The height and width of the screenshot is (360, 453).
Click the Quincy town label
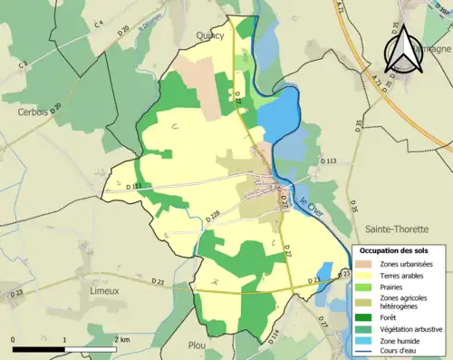[x=209, y=35]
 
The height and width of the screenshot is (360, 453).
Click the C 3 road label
[x=22, y=63]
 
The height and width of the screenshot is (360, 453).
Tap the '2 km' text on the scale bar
[x=122, y=339]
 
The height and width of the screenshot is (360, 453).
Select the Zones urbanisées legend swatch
[x=365, y=263]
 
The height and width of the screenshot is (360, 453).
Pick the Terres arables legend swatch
[x=365, y=274]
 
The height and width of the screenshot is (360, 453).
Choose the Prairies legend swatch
[x=365, y=286]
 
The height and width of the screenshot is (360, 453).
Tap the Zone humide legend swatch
[x=365, y=339]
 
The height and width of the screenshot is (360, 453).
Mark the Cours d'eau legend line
[x=365, y=350]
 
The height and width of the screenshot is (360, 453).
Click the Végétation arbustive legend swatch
[x=365, y=327]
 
